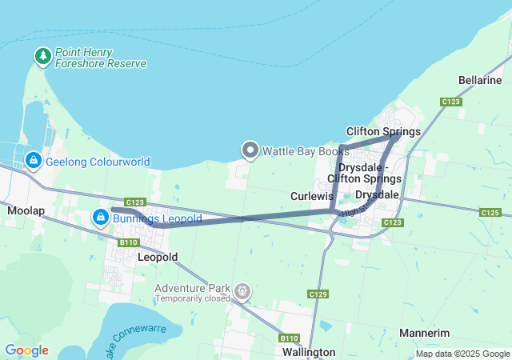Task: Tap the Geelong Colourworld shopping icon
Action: (34, 162)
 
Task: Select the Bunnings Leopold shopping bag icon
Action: (101, 217)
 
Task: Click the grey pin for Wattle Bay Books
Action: (250, 150)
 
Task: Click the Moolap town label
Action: (25, 210)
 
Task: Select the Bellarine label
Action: (480, 80)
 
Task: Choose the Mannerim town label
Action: (424, 333)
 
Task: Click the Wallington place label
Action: (309, 352)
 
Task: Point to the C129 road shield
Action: (318, 294)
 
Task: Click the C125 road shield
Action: (490, 212)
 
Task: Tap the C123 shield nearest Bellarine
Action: (450, 102)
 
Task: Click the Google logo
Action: (26, 350)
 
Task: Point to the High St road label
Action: (350, 211)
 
